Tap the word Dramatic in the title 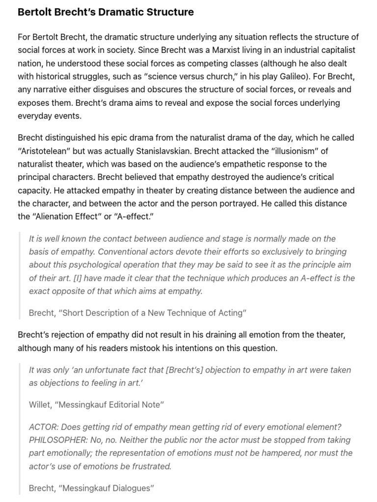pos(120,12)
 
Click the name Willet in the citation pos(40,404)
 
